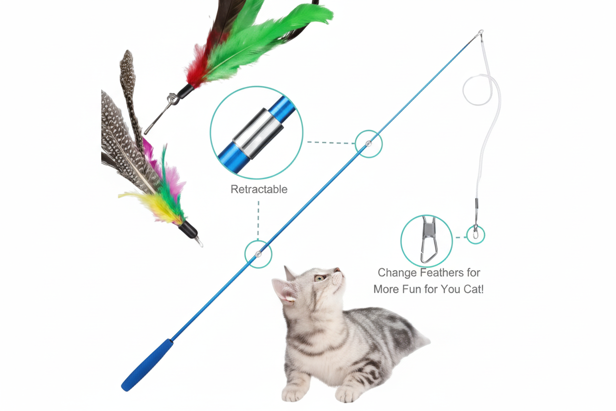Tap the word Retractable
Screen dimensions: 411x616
pos(259,189)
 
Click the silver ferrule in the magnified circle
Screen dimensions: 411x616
pos(258,133)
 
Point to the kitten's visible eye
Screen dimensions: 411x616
pos(319,278)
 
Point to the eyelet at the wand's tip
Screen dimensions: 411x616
pos(480,33)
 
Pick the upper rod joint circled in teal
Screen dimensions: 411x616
pos(368,144)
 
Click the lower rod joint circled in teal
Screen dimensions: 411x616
pos(258,254)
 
